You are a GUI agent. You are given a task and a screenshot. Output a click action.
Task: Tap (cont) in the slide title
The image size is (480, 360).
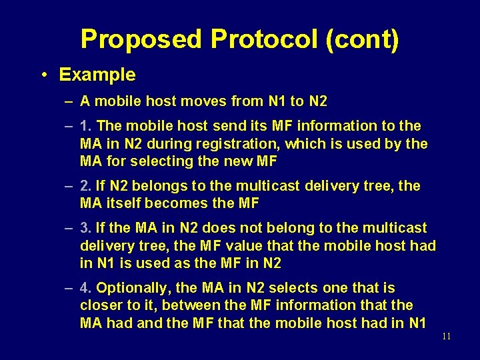coord(363,39)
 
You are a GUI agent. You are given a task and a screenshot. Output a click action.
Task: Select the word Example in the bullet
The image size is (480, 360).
coord(97,75)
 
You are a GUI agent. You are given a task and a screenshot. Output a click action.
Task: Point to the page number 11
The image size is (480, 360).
coord(446,336)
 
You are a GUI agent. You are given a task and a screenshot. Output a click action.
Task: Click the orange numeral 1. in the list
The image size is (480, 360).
coord(85,126)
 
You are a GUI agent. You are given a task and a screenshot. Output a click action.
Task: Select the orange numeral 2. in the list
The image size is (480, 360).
coord(85,186)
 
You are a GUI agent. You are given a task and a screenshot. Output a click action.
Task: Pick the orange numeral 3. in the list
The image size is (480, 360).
coord(85,229)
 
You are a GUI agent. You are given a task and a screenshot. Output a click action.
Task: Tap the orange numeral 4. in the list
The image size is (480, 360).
coord(85,289)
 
